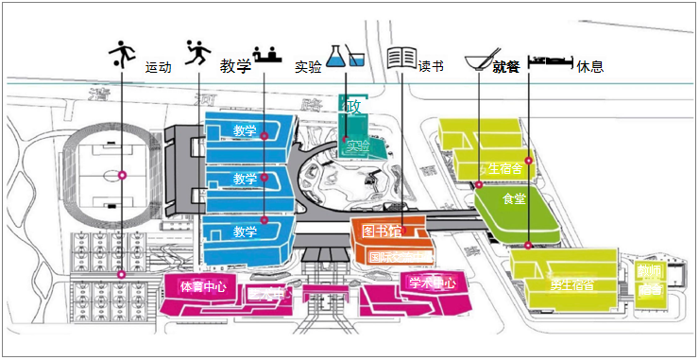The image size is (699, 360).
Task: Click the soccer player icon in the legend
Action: [x=121, y=53]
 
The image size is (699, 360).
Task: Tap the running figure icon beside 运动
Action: [x=196, y=53]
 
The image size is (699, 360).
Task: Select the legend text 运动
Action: [x=159, y=68]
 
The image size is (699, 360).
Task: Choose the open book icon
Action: [x=401, y=57]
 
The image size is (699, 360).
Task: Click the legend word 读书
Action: [x=431, y=67]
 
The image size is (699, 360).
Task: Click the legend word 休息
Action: [x=590, y=67]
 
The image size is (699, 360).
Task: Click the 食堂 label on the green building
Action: [x=514, y=199]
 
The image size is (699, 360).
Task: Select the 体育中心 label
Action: [x=203, y=285]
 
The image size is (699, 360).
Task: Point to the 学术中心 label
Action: [x=432, y=283]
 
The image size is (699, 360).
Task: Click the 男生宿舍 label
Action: [x=571, y=284]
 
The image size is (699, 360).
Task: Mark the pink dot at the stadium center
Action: [x=122, y=175]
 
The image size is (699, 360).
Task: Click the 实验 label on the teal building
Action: [x=358, y=146]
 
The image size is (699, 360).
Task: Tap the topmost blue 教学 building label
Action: [x=245, y=130]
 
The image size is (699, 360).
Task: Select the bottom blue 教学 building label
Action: [x=245, y=231]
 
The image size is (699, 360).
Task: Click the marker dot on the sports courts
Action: [x=121, y=274]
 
